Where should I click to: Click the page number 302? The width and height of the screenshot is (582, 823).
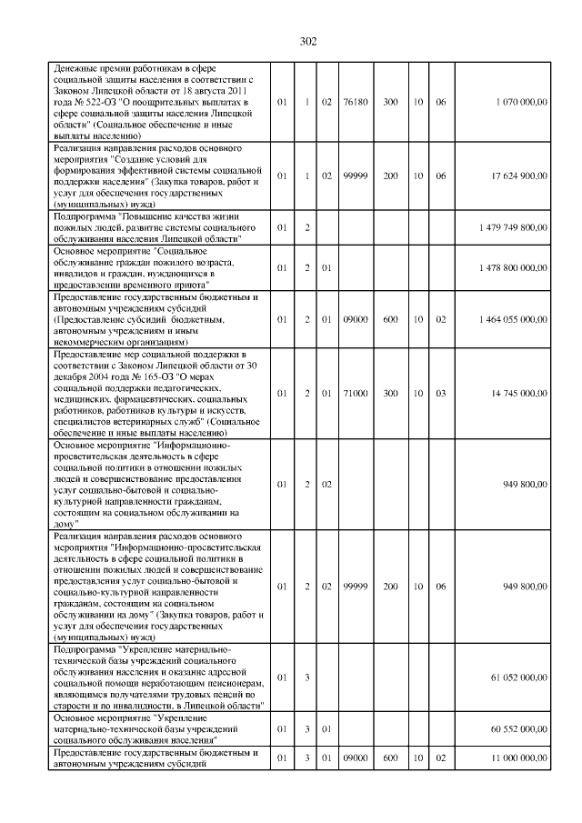coord(307,41)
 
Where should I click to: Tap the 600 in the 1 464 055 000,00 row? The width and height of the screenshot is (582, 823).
coord(390,319)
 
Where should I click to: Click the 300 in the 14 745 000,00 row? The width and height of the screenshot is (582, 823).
coord(390,393)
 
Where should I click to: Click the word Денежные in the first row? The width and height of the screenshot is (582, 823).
coord(75,69)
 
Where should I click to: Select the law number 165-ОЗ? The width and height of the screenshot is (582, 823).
coord(145,371)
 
